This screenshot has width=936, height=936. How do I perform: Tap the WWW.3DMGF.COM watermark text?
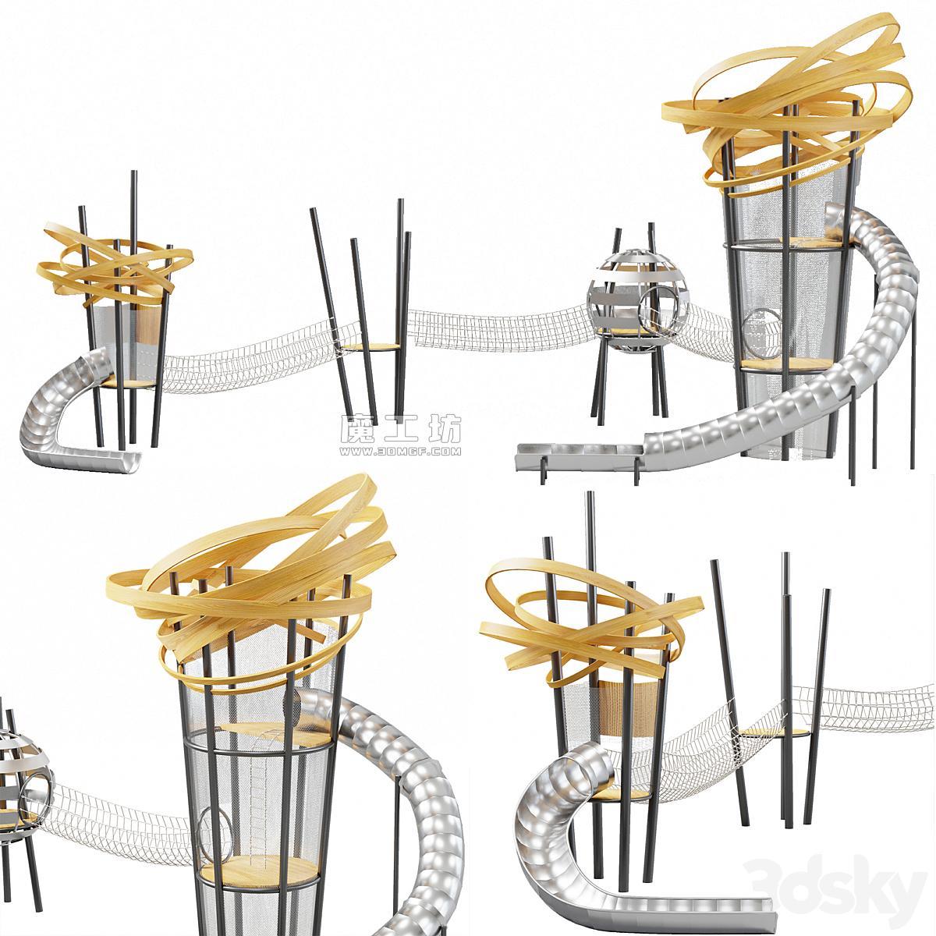point(400,452)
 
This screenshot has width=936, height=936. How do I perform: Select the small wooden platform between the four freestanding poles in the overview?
point(371,347)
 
